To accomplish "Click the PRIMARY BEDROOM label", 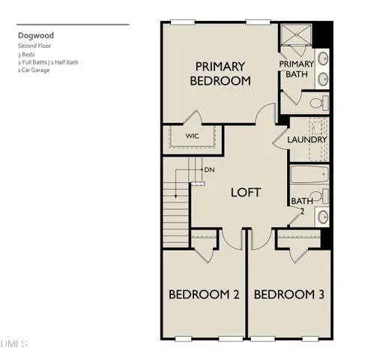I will pyautogui.click(x=220, y=73).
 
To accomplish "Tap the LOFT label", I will pyautogui.click(x=245, y=193).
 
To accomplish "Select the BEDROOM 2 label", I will pyautogui.click(x=204, y=295).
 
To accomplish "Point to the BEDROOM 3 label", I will pyautogui.click(x=289, y=295).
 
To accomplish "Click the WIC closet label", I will pyautogui.click(x=193, y=136).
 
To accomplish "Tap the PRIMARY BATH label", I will pyautogui.click(x=296, y=69).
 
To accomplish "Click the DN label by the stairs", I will pyautogui.click(x=209, y=169).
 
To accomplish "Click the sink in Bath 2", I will pyautogui.click(x=322, y=217).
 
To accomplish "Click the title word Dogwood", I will pyautogui.click(x=36, y=34).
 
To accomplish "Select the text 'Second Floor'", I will pyautogui.click(x=34, y=46).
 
